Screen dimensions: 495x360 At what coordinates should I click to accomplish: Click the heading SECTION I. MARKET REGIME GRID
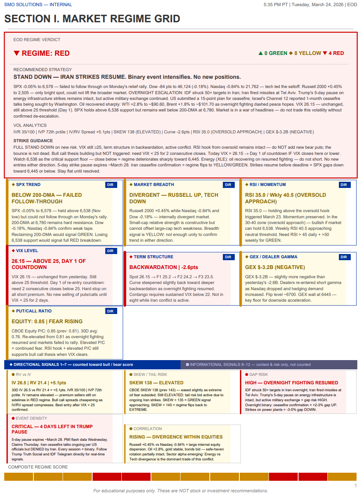[x=92, y=19]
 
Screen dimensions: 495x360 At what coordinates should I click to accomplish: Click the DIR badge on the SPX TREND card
[x=111, y=185]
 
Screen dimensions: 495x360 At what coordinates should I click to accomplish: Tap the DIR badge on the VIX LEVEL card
[x=111, y=251]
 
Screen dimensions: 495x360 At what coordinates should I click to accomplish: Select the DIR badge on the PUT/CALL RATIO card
[x=111, y=311]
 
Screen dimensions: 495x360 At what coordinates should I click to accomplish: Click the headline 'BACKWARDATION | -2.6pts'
[x=164, y=267]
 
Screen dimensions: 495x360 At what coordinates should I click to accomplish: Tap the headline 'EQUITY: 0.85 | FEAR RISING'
[x=47, y=321]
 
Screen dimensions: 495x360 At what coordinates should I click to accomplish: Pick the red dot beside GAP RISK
[x=246, y=375]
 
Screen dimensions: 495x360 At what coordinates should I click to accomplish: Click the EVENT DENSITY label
[x=32, y=419]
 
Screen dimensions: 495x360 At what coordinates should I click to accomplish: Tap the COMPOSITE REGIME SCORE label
[x=38, y=467]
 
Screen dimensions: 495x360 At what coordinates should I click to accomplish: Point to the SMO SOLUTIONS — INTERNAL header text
[x=38, y=5]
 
